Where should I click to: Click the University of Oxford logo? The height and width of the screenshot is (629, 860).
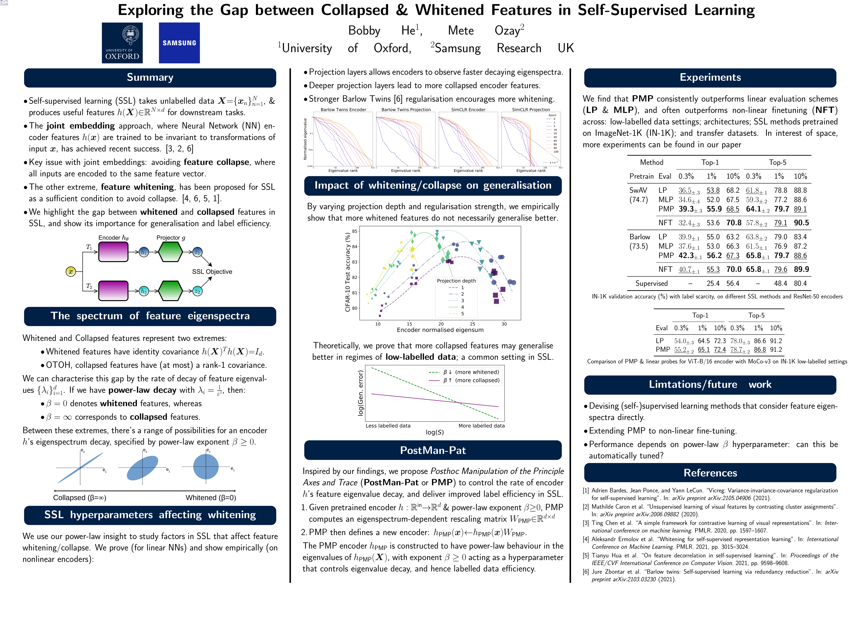122,43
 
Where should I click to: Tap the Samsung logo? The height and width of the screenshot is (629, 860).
179,43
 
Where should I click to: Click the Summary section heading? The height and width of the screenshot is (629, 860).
150,78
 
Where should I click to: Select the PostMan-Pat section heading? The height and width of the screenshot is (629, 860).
433,450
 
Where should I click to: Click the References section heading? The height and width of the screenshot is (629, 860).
710,473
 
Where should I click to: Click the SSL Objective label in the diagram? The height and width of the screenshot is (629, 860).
212,271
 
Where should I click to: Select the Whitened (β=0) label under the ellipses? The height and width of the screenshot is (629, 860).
211,498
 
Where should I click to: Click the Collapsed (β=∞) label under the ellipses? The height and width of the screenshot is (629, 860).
79,498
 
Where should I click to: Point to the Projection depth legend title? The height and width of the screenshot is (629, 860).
456,281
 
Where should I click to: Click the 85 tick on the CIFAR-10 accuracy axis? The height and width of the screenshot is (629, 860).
355,231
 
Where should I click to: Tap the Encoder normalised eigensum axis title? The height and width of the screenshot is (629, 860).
440,330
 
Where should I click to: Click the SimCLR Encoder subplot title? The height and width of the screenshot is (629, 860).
468,110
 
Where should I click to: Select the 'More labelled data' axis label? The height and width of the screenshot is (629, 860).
481,426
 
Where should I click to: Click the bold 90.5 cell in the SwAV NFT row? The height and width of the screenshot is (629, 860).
801,223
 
